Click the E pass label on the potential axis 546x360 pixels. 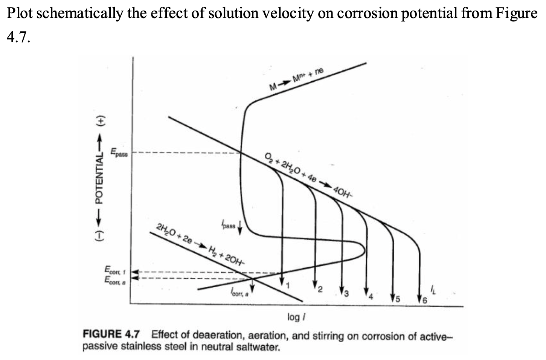tap(119, 153)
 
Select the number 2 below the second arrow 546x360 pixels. tap(320, 289)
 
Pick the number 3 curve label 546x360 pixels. tap(347, 293)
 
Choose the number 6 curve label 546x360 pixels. tap(424, 300)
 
